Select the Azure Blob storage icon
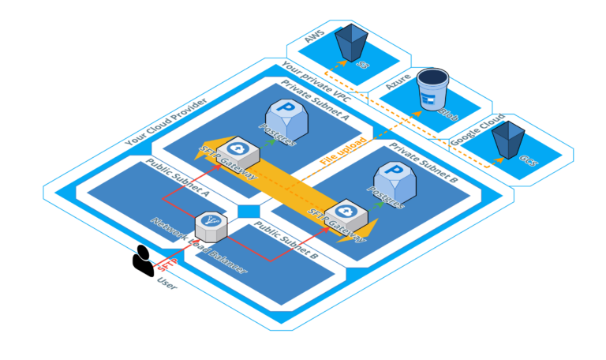click(432, 88)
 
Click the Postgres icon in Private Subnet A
click(285, 118)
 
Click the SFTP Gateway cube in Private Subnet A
click(236, 151)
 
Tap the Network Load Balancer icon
click(211, 227)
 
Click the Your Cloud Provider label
click(166, 123)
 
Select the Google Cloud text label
click(477, 129)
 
